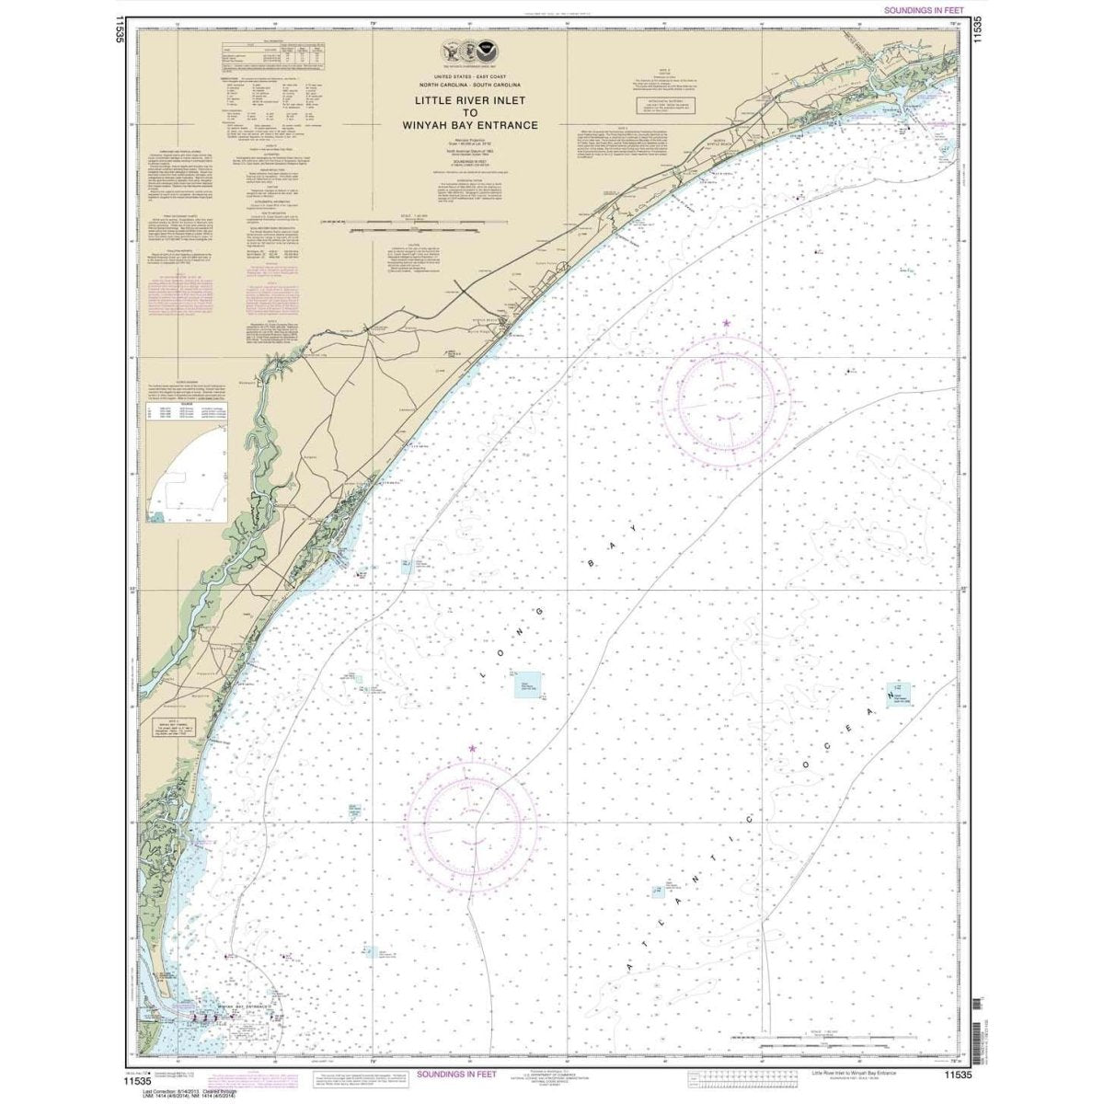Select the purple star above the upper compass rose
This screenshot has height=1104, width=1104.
[x=727, y=323]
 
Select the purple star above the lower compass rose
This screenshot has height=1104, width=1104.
[x=473, y=749]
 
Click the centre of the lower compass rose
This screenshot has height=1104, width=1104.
[x=473, y=821]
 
